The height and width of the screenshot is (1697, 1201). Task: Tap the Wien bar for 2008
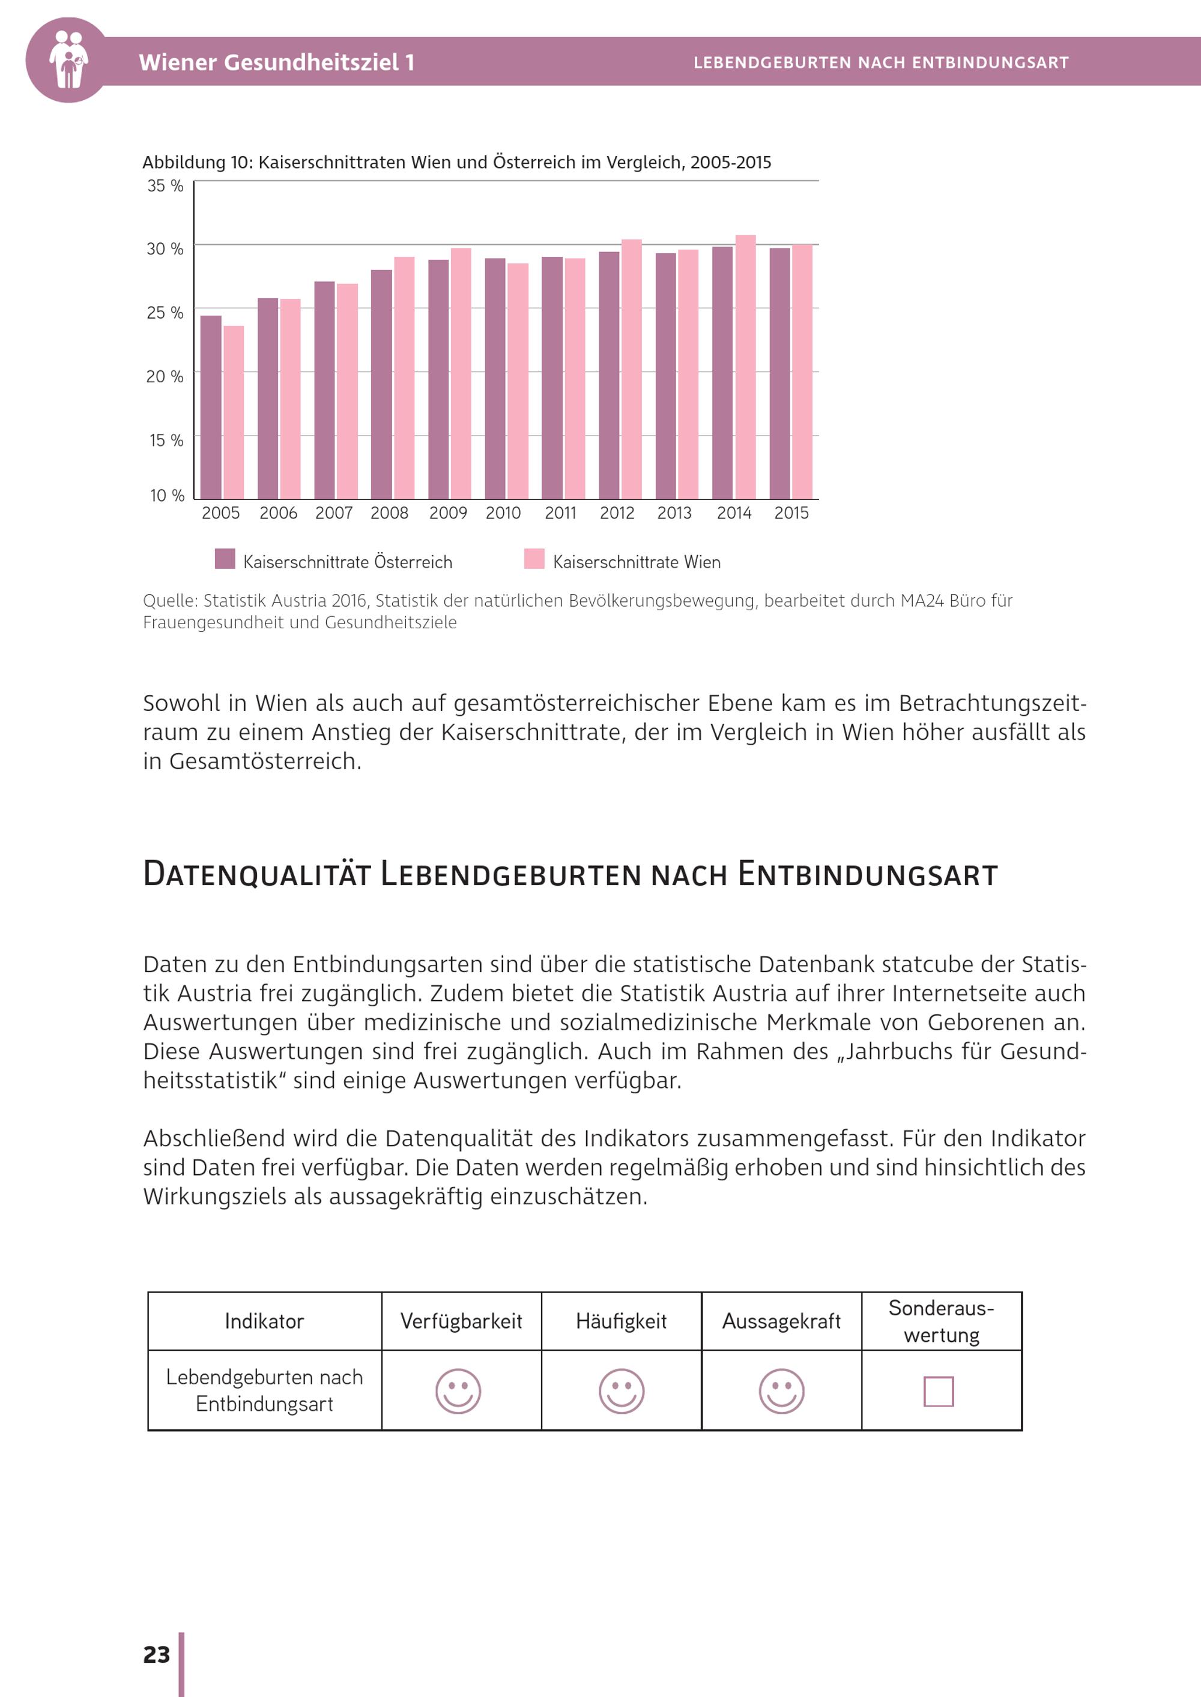click(x=404, y=377)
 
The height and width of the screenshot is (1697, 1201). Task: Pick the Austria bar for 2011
click(x=552, y=377)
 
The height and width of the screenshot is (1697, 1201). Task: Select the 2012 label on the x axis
click(x=617, y=513)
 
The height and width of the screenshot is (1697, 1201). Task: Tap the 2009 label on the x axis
click(x=448, y=513)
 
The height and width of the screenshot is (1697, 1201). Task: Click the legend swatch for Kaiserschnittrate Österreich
click(x=225, y=559)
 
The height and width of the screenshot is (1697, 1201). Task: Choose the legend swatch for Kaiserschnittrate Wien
click(x=534, y=559)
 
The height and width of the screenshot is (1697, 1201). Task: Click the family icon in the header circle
click(x=68, y=60)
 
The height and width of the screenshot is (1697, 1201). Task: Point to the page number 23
click(x=156, y=1655)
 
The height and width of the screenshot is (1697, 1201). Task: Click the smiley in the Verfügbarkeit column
click(x=458, y=1391)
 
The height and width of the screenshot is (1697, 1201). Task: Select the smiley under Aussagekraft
click(x=781, y=1391)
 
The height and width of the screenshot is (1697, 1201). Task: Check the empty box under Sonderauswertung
click(x=939, y=1391)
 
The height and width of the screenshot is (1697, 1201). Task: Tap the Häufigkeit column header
click(x=621, y=1321)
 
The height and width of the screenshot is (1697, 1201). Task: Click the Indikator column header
click(x=264, y=1321)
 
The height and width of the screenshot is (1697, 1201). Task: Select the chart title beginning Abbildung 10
click(x=456, y=163)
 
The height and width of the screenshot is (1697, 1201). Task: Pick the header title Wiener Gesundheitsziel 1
click(x=277, y=62)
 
